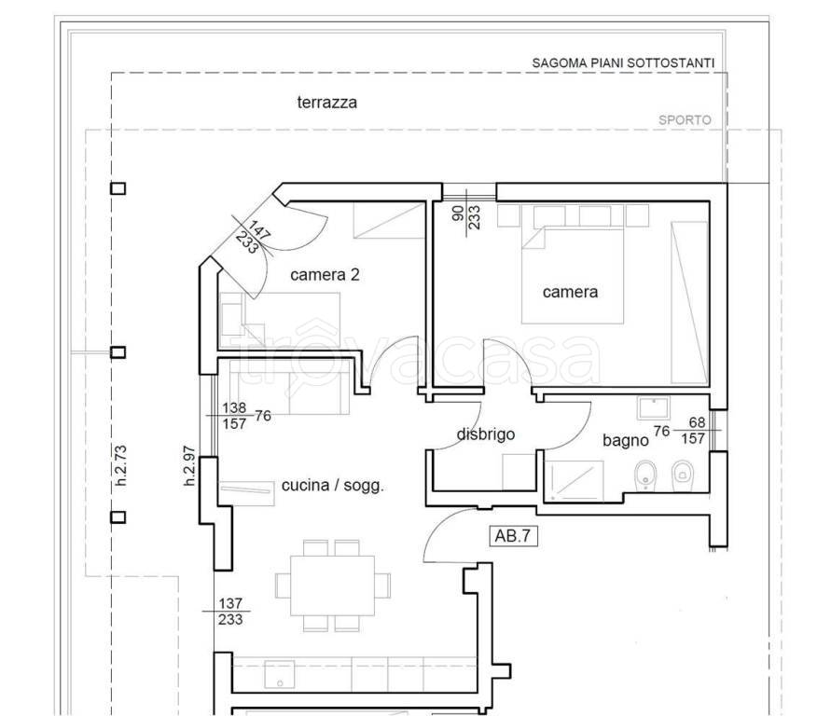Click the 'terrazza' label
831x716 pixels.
tap(327, 103)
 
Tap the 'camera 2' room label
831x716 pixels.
tap(325, 275)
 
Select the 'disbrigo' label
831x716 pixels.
tap(486, 434)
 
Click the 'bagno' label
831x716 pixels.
tap(626, 440)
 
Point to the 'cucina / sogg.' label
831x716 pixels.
tap(332, 486)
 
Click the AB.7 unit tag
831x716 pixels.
tap(512, 536)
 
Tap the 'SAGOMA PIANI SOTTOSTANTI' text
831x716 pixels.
tap(623, 63)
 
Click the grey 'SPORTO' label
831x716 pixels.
tap(685, 120)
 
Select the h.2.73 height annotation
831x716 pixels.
tap(121, 465)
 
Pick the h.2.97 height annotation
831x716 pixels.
tap(189, 466)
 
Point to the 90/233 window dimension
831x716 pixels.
tap(466, 214)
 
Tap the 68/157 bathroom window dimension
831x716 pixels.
tap(694, 430)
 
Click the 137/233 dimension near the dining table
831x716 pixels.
tap(230, 612)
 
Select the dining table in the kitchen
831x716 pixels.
tap(333, 585)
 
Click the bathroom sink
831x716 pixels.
tap(654, 407)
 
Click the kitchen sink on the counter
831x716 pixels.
tap(279, 674)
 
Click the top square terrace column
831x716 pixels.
tap(118, 188)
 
